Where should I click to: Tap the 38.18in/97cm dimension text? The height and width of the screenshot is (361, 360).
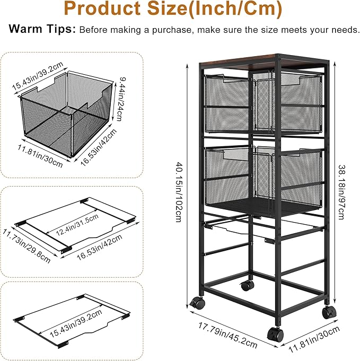[341, 192]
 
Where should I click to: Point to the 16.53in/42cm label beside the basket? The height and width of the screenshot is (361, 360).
[99, 147]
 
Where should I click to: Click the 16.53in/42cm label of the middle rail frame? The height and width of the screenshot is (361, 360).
[99, 247]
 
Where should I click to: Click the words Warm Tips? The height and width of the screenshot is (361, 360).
[42, 29]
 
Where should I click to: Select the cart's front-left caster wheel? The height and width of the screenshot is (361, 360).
[197, 303]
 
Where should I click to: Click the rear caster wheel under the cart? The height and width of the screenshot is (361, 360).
[247, 286]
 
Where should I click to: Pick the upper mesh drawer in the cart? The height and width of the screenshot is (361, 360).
[264, 103]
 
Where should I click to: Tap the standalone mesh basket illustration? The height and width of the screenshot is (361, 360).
[66, 114]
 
